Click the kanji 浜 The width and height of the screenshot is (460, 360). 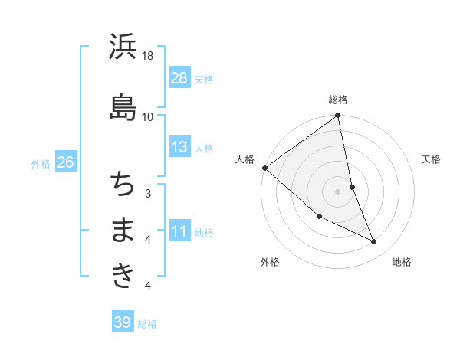pyautogui.click(x=123, y=47)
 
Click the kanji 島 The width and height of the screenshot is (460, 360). pyautogui.click(x=123, y=106)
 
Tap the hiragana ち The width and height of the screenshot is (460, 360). pyautogui.click(x=123, y=183)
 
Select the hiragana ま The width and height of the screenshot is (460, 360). pyautogui.click(x=123, y=230)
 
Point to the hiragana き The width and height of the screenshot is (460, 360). pyautogui.click(x=123, y=275)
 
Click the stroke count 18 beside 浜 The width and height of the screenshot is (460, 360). pyautogui.click(x=149, y=56)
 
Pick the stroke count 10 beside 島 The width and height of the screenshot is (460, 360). pyautogui.click(x=148, y=116)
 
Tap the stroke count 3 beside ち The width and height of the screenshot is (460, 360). pyautogui.click(x=148, y=193)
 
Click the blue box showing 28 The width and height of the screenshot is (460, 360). pyautogui.click(x=179, y=78)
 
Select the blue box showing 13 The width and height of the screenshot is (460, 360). pyautogui.click(x=179, y=147)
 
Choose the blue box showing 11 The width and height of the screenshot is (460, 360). pyautogui.click(x=179, y=231)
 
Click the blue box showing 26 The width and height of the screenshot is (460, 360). pyautogui.click(x=65, y=162)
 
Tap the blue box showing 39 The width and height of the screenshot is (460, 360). pyautogui.click(x=122, y=322)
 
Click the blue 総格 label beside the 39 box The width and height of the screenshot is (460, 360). pyautogui.click(x=147, y=324)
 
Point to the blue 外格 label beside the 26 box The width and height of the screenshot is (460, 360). pyautogui.click(x=41, y=163)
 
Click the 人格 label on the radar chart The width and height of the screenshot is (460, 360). pyautogui.click(x=245, y=159)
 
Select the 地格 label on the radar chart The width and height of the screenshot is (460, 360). pyautogui.click(x=402, y=262)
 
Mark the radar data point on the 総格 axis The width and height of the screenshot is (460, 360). pyautogui.click(x=338, y=116)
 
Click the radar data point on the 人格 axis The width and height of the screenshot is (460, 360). pyautogui.click(x=264, y=168)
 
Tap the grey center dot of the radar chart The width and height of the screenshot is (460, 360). pyautogui.click(x=337, y=191)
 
